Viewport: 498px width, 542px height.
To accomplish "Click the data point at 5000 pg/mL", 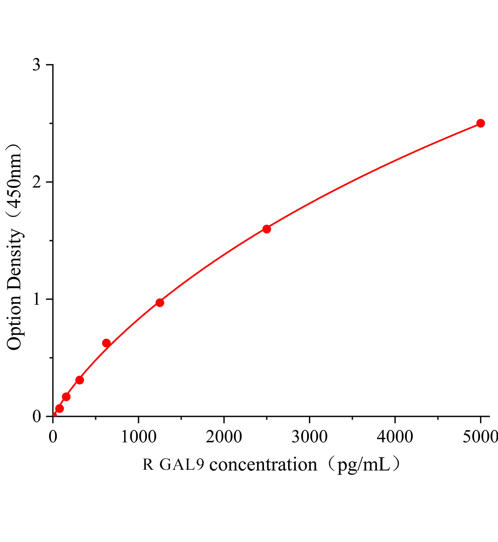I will coord(480,123).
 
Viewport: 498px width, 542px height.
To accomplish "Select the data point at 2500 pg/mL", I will coord(267,229).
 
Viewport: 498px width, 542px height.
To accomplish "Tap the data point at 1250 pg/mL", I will coord(160,303).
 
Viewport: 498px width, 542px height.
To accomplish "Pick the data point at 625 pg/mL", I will coord(106,343).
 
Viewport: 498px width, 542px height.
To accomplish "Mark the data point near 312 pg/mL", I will coord(80,380).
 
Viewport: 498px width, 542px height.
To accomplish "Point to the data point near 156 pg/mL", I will coord(66,397).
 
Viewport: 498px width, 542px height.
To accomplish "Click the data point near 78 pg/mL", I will coord(60,409).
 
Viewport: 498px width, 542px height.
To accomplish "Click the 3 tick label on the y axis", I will coord(37,65).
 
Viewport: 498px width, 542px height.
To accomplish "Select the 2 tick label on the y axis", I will coord(37,182).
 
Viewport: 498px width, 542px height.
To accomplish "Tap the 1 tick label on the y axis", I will coord(37,299).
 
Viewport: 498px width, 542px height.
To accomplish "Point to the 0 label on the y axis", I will coord(37,416).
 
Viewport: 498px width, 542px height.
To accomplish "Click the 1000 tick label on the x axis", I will coord(138,436).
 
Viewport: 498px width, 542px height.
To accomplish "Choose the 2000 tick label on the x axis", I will coord(224,436).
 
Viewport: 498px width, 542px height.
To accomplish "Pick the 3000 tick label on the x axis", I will coord(309,436).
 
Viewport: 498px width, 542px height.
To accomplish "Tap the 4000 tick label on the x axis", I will coord(395,436).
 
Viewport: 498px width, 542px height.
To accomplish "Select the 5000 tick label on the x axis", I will coord(480,436).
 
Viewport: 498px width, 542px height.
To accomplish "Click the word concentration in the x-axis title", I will coord(263,464).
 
